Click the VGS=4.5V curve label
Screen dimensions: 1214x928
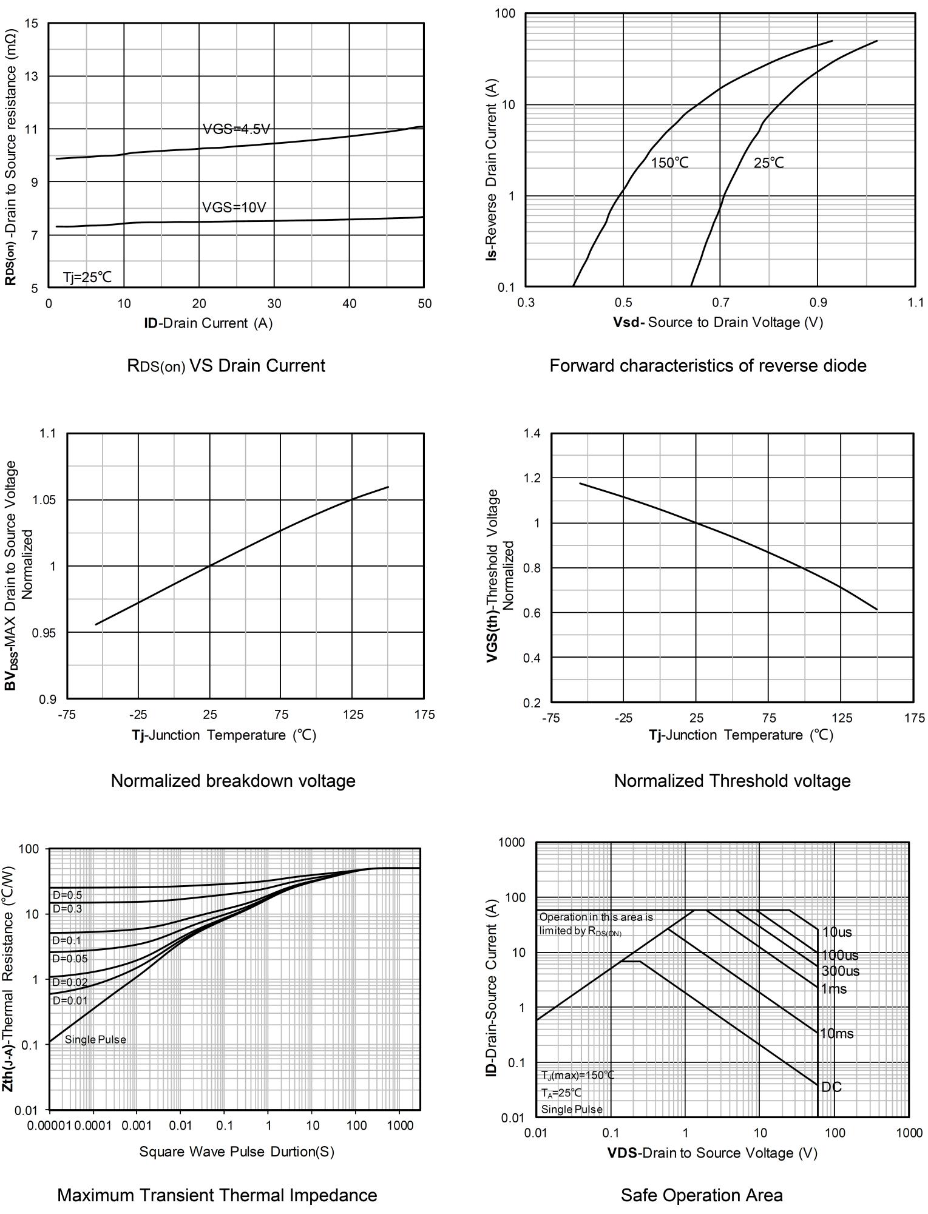(236, 129)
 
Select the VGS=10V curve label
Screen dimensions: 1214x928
(234, 207)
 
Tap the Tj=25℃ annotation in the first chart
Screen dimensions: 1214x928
(87, 277)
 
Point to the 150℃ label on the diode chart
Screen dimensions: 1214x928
(669, 163)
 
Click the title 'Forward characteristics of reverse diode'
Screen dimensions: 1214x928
(708, 366)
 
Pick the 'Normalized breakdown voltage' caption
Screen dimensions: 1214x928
(233, 781)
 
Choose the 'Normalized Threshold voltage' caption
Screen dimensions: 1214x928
(732, 781)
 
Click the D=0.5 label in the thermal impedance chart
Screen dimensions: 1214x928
(67, 895)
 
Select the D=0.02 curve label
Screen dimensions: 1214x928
(70, 982)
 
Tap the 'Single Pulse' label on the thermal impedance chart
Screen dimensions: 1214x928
(95, 1040)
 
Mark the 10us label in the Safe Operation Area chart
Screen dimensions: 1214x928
(836, 932)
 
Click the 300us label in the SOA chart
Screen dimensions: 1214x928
(840, 971)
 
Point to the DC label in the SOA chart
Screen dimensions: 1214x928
(831, 1087)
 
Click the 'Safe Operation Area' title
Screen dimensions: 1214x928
(702, 1195)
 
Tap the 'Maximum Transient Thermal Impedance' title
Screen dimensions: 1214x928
(217, 1195)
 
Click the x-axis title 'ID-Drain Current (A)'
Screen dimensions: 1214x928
(208, 323)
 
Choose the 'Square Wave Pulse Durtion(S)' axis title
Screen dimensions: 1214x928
(237, 1152)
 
